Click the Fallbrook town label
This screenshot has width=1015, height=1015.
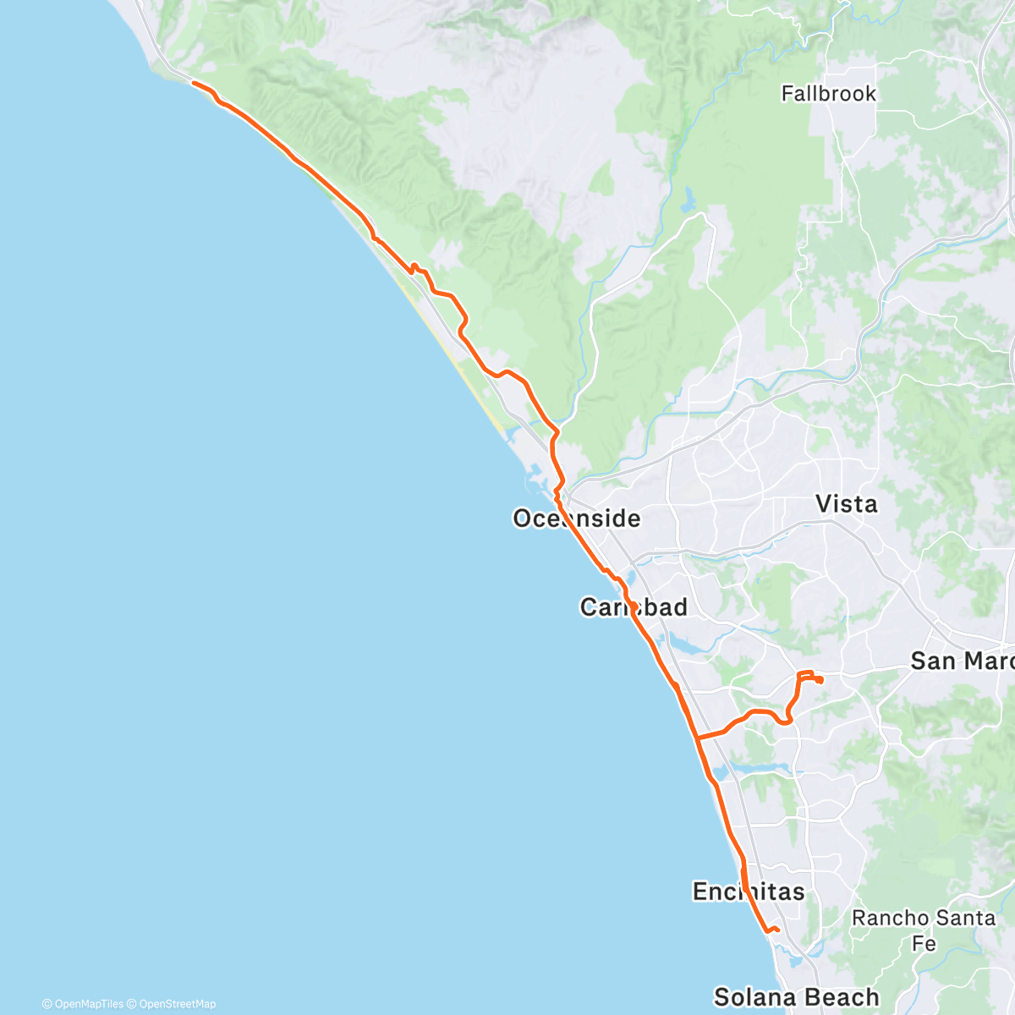(x=828, y=93)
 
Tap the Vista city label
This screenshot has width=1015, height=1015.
(x=846, y=504)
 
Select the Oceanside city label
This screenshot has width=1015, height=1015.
(x=576, y=518)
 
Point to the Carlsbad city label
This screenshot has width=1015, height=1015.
(x=634, y=606)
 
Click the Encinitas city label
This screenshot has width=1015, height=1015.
(x=748, y=891)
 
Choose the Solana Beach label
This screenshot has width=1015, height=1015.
(x=796, y=997)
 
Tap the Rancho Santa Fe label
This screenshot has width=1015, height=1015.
(x=923, y=929)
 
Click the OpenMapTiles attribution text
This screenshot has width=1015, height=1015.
(x=83, y=1004)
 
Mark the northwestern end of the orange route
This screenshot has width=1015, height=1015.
(x=193, y=83)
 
